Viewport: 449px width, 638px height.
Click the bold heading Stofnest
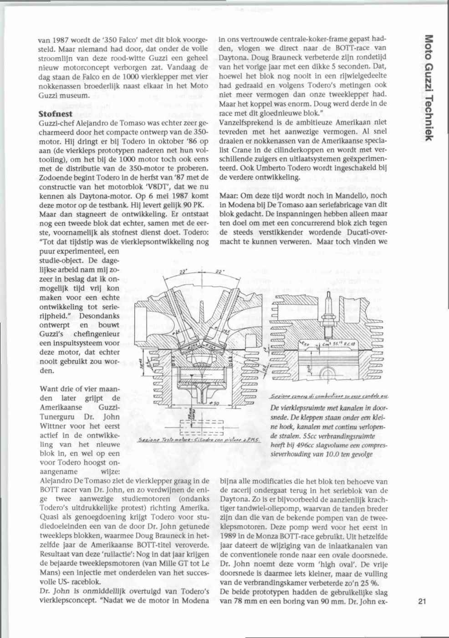[56, 114]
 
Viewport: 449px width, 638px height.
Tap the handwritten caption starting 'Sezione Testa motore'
[199, 440]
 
